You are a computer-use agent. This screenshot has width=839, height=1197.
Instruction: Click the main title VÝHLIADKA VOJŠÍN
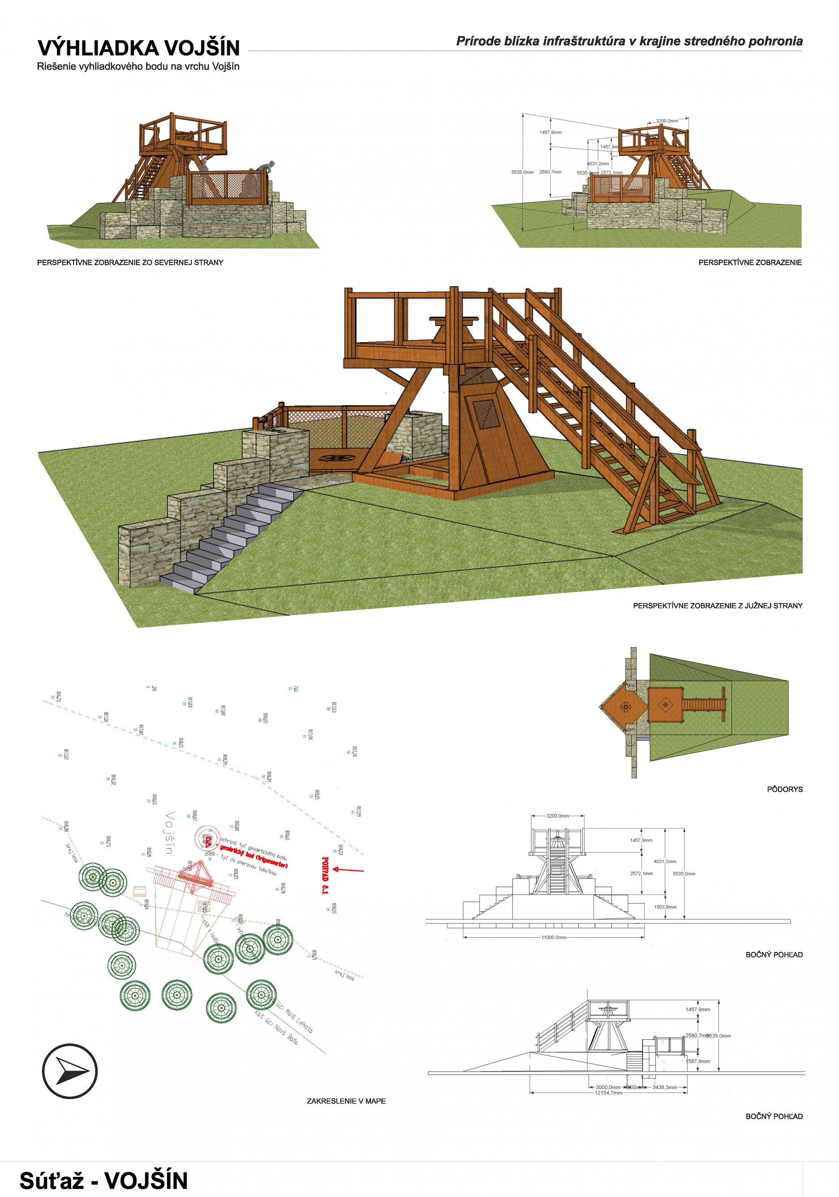[138, 48]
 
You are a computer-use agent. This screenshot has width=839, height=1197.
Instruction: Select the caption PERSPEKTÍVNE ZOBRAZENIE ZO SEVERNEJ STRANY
[130, 262]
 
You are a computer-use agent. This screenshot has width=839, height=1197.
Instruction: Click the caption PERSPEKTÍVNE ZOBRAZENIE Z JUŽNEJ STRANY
[718, 606]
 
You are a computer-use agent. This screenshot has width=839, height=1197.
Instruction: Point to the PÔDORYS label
[784, 789]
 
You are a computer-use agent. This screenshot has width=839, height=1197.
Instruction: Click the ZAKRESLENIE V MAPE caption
[346, 1101]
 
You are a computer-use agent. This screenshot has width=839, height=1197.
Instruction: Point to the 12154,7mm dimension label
[608, 1093]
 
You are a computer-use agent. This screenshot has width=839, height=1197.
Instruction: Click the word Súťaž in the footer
[54, 1180]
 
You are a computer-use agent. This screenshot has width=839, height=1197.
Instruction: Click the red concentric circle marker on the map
[204, 838]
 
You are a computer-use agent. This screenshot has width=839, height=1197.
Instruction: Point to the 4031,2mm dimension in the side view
[664, 862]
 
